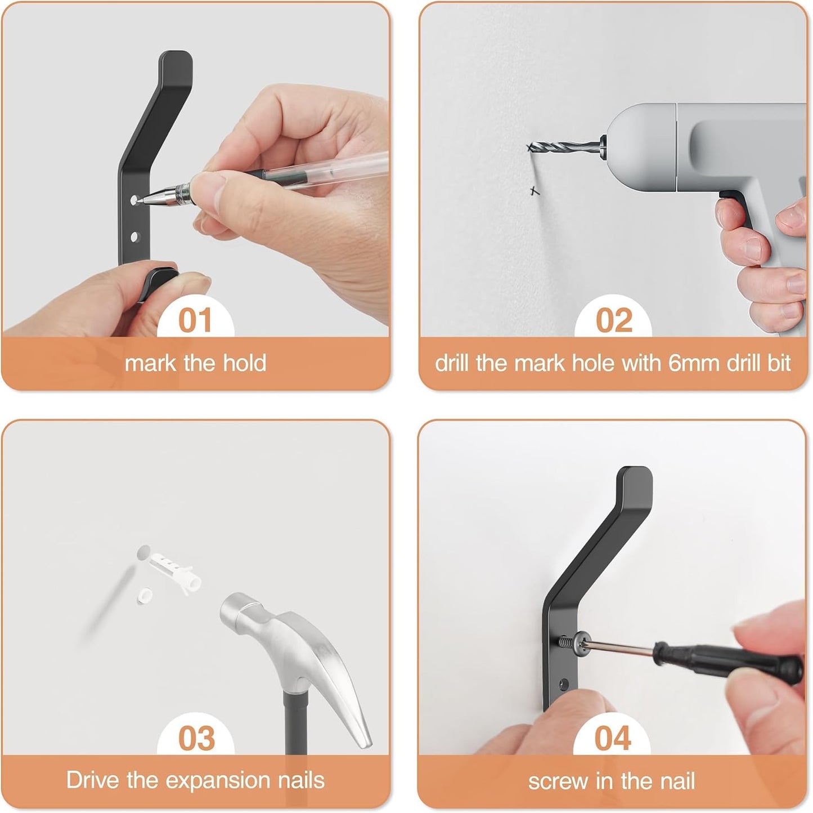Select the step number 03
click(x=196, y=738)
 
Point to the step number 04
click(x=613, y=738)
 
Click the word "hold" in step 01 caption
click(x=244, y=364)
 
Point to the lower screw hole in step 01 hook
click(x=134, y=237)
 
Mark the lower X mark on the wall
click(x=534, y=191)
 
